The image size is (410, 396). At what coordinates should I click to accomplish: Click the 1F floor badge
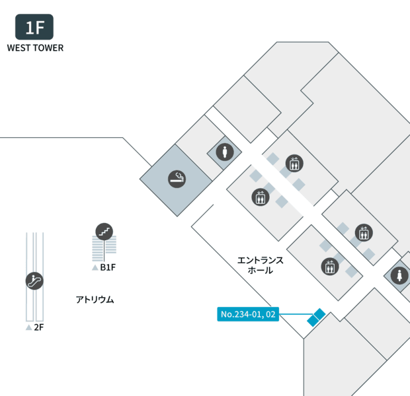click(34, 27)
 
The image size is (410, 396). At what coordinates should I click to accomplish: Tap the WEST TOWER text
click(35, 48)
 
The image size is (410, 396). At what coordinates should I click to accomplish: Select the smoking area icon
click(177, 179)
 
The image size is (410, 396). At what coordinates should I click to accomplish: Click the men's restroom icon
click(225, 152)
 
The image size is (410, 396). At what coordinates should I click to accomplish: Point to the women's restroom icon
click(399, 275)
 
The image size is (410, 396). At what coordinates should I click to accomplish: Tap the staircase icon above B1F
click(104, 232)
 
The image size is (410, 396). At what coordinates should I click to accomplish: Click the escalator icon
click(34, 281)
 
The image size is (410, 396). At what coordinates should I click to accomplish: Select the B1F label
click(108, 267)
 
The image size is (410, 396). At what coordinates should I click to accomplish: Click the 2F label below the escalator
click(39, 327)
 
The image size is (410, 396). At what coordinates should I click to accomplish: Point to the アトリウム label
click(95, 300)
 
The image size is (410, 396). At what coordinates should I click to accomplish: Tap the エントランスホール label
click(260, 265)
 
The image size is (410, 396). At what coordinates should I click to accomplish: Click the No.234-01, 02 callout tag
click(248, 314)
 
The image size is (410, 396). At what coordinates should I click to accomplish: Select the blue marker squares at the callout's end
click(316, 317)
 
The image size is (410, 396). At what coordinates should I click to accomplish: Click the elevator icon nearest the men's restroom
click(294, 163)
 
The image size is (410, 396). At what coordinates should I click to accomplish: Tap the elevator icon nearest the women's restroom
click(364, 232)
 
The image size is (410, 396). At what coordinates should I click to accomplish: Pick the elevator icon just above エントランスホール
click(261, 197)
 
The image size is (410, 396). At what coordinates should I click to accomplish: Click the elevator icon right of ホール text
click(330, 267)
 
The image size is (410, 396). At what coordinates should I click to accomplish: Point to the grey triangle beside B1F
click(95, 267)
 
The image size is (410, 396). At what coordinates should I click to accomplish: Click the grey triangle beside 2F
click(28, 327)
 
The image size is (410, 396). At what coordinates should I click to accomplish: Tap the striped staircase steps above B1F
click(104, 248)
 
